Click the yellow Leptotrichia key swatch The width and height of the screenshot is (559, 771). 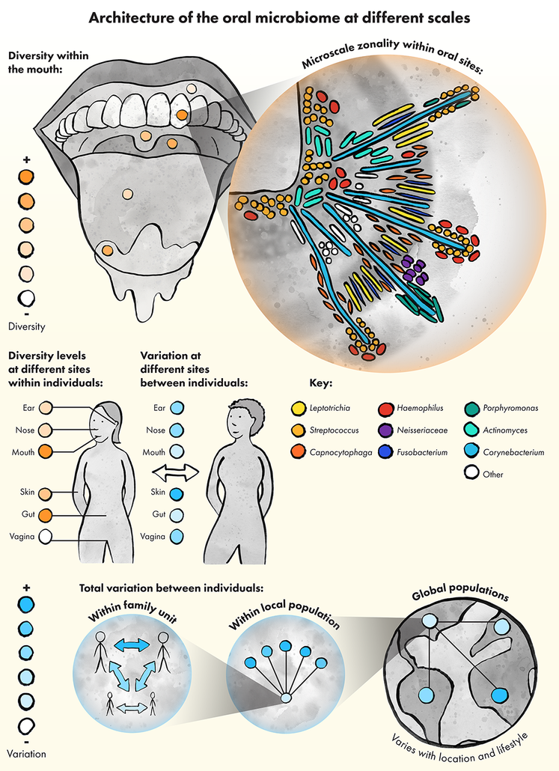pos(298,408)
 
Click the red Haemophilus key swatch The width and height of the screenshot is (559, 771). pos(387,408)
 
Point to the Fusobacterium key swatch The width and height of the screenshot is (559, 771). pos(387,452)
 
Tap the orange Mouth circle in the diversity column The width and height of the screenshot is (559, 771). pos(45,452)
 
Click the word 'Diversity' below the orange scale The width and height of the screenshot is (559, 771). pos(26,326)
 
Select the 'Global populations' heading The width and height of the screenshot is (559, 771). pos(460,595)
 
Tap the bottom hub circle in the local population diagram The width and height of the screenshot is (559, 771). pos(285,698)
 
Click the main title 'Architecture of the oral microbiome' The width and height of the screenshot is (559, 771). pos(279,17)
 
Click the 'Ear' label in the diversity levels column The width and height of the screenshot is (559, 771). pos(27,409)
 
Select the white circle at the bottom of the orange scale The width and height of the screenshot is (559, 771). pos(26,297)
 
